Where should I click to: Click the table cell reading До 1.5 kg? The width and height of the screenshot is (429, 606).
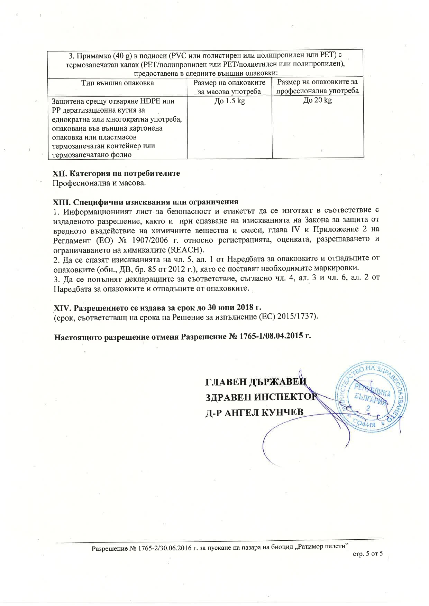pos(230,101)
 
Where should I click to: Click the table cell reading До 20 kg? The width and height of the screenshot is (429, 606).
pos(318,101)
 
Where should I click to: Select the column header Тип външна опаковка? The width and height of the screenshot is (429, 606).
pos(118,83)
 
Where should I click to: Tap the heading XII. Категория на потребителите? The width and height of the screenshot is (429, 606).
pos(116,173)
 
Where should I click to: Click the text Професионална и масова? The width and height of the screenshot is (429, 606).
pos(99,183)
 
